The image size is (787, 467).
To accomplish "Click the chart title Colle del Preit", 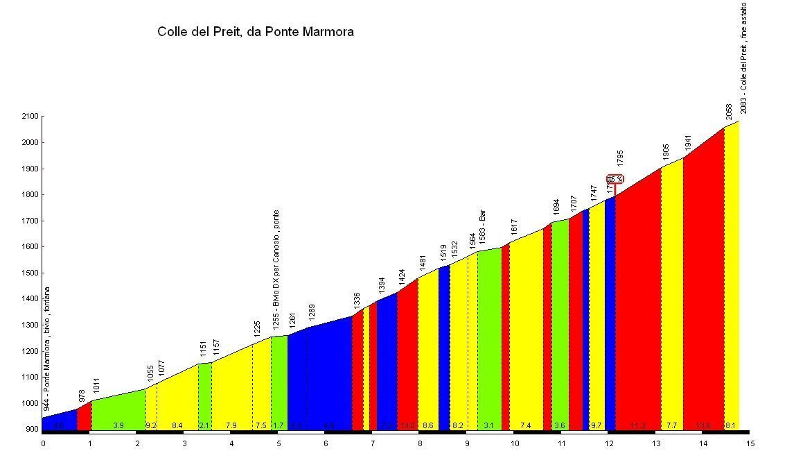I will [256, 31].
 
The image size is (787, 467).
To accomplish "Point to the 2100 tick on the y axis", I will [30, 117].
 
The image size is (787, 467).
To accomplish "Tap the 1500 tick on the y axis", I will [30, 273].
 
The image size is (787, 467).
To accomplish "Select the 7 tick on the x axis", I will [372, 443].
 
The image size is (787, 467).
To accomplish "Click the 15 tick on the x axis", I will [750, 443].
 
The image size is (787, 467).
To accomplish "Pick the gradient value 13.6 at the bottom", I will [703, 425].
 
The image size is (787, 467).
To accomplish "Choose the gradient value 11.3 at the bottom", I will [637, 425].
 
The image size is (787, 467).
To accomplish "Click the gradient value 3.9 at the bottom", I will [118, 425].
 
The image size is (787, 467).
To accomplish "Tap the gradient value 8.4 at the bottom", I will [177, 425].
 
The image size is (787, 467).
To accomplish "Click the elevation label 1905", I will [665, 153].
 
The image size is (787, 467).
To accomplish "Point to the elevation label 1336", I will [357, 300].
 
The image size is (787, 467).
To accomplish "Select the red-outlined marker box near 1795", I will [615, 178].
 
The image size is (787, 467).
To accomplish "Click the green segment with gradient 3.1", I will [489, 340].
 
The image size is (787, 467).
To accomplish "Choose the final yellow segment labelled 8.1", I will [732, 278].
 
